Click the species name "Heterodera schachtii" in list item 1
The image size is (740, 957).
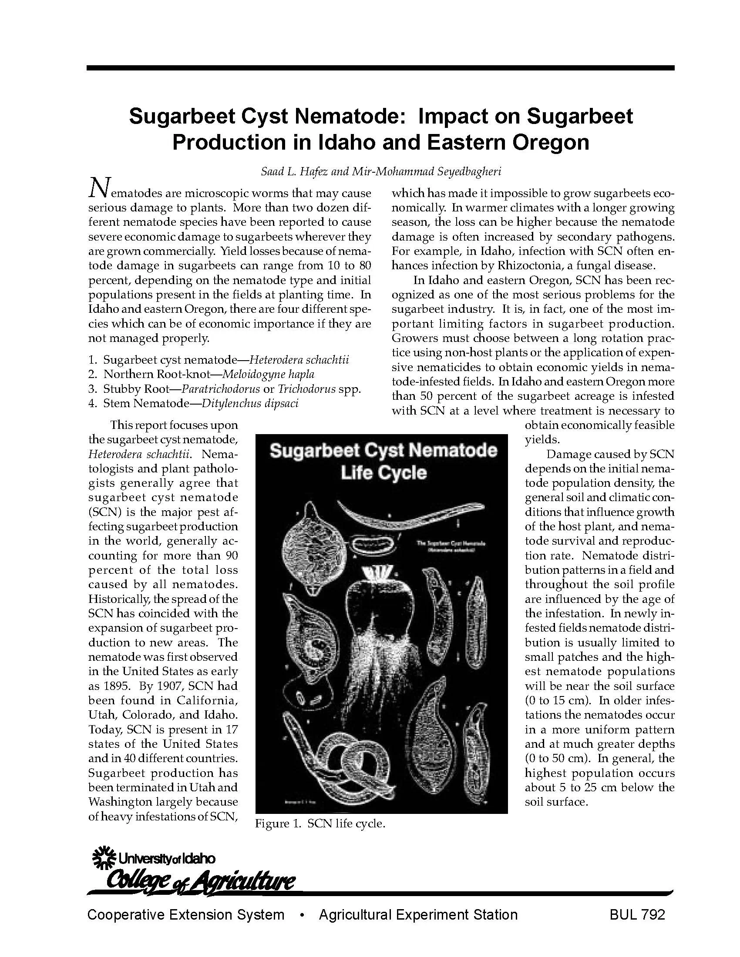[299, 360]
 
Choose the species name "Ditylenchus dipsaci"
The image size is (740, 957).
[250, 403]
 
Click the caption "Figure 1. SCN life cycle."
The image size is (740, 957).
[320, 824]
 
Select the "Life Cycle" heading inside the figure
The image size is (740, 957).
[383, 473]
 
